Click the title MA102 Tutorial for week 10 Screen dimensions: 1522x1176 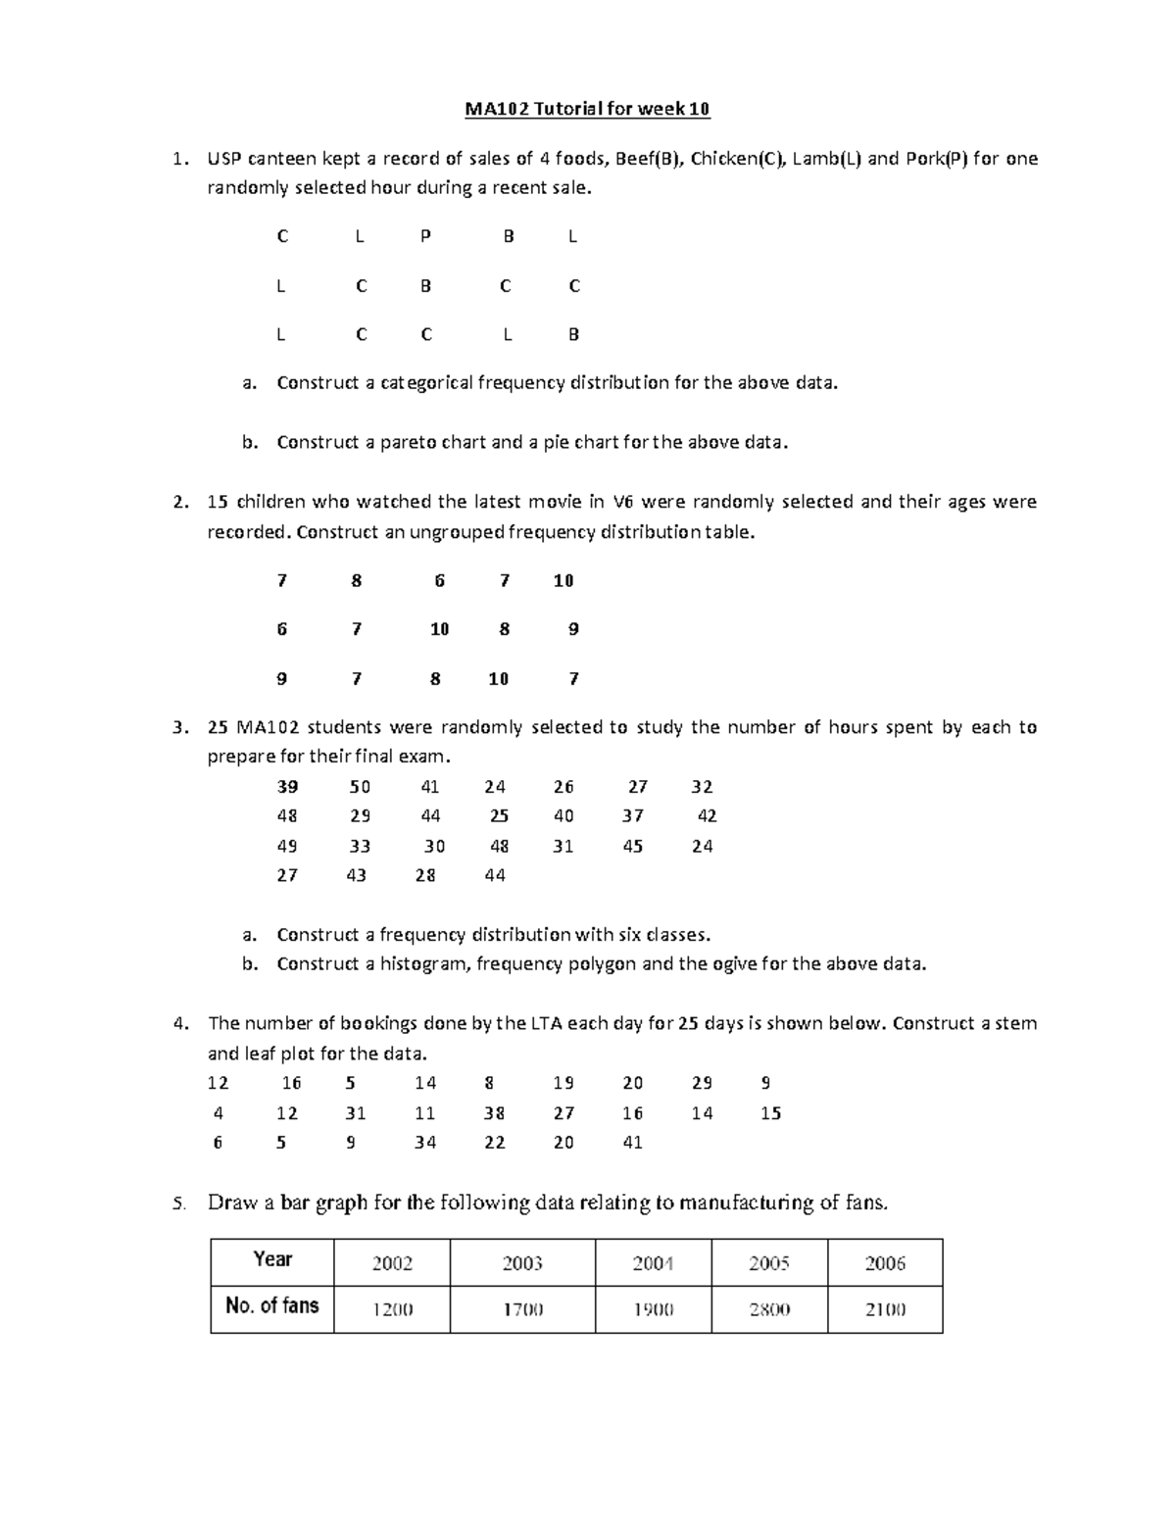pyautogui.click(x=587, y=109)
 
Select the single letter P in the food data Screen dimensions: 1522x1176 pyautogui.click(x=424, y=236)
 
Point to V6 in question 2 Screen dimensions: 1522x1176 pyautogui.click(x=623, y=502)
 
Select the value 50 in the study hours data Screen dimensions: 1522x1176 pyautogui.click(x=360, y=787)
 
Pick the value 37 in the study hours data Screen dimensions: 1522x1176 pyautogui.click(x=632, y=816)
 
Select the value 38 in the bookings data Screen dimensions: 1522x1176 pyautogui.click(x=494, y=1113)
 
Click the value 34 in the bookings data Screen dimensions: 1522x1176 pyautogui.click(x=424, y=1143)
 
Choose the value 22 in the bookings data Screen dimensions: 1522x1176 pyautogui.click(x=494, y=1143)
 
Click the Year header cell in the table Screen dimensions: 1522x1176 pyautogui.click(x=272, y=1260)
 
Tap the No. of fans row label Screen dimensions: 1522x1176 pyautogui.click(x=272, y=1306)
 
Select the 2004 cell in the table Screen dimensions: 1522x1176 pyautogui.click(x=653, y=1263)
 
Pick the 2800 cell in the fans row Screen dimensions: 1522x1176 pyautogui.click(x=769, y=1309)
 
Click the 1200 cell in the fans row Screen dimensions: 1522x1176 pyautogui.click(x=392, y=1309)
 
